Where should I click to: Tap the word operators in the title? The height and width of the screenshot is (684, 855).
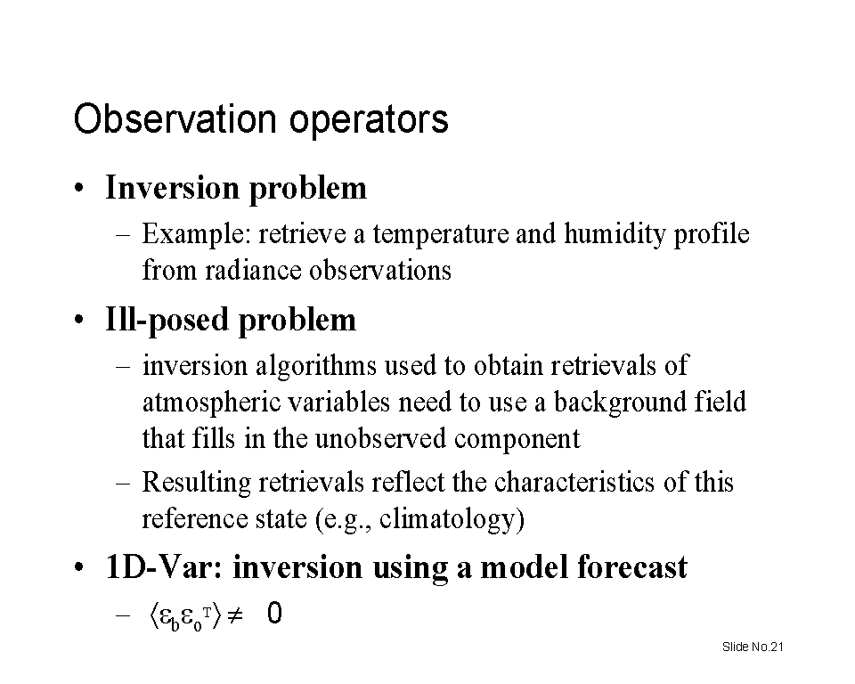coord(369,119)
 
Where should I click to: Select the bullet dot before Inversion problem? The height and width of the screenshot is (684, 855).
coord(79,188)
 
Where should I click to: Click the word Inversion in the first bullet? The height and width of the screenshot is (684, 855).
coord(172,188)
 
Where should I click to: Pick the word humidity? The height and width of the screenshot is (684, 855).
coord(615,234)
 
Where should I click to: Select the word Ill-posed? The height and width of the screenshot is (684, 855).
coord(167,320)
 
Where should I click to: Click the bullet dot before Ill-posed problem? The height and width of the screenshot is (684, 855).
coord(79,320)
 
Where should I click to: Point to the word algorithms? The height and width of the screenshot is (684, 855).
coord(316,365)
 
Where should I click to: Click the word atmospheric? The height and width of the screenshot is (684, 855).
coord(211,403)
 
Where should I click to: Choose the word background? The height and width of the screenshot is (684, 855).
coord(620,403)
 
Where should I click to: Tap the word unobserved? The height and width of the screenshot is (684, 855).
coord(380,438)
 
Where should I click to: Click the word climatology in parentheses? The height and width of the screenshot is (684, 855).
coord(446,518)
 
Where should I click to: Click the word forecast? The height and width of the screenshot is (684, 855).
coord(632,566)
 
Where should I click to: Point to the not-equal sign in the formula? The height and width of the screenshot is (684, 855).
coord(234,615)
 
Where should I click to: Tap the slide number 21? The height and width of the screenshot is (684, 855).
coord(777,647)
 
